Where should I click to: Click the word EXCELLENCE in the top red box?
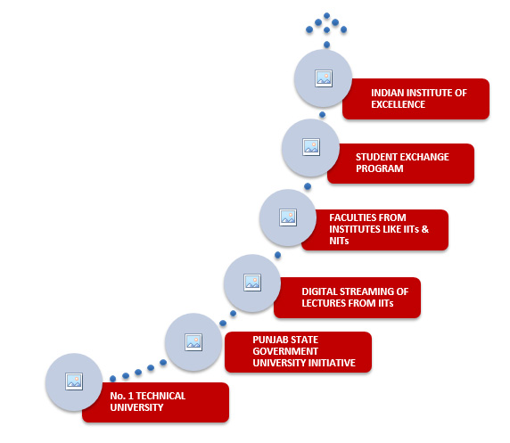[x=398, y=104]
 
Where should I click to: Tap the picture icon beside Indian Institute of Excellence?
[x=324, y=78]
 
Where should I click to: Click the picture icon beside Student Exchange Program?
[x=311, y=147]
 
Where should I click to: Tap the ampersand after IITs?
[x=425, y=229]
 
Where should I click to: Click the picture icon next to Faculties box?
[x=288, y=217]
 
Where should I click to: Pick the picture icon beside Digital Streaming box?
[x=252, y=283]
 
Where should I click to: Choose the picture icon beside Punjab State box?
[x=193, y=342]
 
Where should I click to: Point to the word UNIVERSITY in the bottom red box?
[x=136, y=407]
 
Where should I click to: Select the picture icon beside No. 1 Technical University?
[x=74, y=381]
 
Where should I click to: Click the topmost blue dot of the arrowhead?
[x=327, y=16]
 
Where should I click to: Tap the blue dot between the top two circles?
[x=323, y=114]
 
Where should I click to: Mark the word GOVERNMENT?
[x=285, y=351]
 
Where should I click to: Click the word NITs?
[x=339, y=241]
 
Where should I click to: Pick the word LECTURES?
[x=321, y=303]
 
